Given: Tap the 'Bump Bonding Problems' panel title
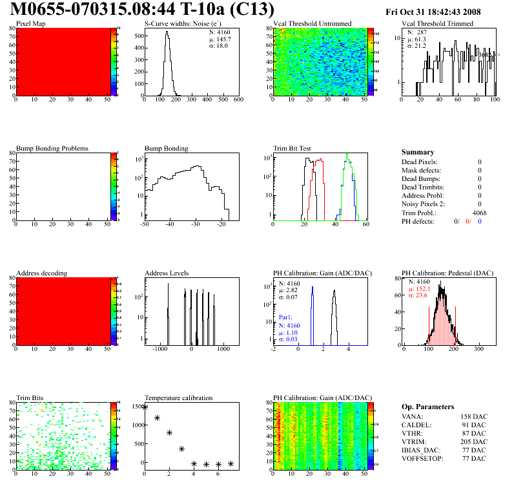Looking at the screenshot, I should pyautogui.click(x=52, y=148).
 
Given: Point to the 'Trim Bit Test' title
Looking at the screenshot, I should pyautogui.click(x=293, y=148).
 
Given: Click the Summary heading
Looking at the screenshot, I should pyautogui.click(x=418, y=152).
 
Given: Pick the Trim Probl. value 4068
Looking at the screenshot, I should pyautogui.click(x=479, y=213).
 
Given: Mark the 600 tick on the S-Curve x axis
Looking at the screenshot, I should pyautogui.click(x=238, y=100).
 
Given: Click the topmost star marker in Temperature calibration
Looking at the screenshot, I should pyautogui.click(x=145, y=407).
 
